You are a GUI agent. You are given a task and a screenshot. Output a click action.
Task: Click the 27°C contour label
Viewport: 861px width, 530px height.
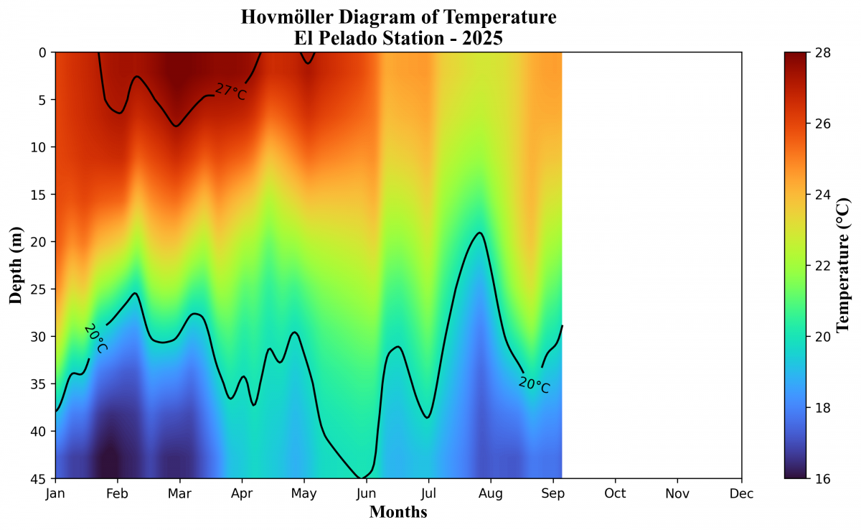point(230,92)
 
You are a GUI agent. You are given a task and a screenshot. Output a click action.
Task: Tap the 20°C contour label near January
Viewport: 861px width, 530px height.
point(95,338)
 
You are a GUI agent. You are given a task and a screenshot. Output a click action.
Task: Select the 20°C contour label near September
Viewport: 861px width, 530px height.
point(534,385)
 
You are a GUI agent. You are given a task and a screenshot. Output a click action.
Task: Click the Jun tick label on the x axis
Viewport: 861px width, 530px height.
point(366,493)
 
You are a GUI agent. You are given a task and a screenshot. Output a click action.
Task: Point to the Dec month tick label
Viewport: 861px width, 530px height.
point(741,493)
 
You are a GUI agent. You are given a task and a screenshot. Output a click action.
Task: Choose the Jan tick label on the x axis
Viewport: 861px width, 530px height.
point(55,493)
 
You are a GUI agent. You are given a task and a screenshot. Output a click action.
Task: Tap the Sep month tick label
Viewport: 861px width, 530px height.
point(553,493)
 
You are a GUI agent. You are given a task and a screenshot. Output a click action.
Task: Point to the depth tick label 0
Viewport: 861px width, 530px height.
point(42,52)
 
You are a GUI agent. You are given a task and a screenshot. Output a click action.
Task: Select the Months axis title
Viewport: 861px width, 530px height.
point(398,511)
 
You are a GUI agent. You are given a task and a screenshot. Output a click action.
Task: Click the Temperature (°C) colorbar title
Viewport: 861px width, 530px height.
point(842,265)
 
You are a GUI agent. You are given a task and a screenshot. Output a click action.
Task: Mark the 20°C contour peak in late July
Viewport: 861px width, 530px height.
point(479,233)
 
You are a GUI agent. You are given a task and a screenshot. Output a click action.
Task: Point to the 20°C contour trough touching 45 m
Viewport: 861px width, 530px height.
point(360,478)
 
